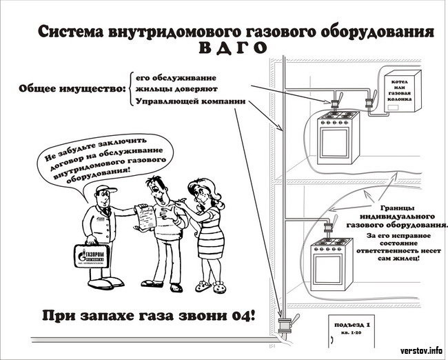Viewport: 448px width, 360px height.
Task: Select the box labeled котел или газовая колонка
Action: click(399, 92)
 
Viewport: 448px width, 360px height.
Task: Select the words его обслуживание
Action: click(175, 76)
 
